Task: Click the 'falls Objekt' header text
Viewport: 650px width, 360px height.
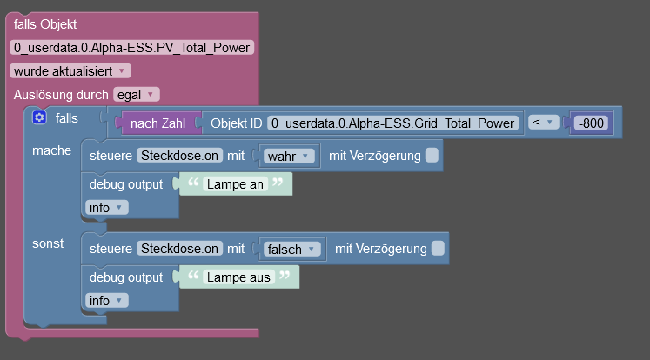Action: pos(45,24)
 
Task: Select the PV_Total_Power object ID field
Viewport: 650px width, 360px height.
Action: pos(132,48)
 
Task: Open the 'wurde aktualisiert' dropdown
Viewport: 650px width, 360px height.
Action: pos(70,70)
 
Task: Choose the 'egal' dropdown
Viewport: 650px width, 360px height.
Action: pos(137,94)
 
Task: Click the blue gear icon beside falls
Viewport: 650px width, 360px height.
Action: pos(38,117)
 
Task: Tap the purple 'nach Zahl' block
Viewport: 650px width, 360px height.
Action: pos(157,123)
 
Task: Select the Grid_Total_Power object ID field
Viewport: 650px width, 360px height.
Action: pos(393,123)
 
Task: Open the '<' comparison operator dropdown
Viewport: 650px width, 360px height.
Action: pos(545,123)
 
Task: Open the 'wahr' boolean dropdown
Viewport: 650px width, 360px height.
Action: pos(287,157)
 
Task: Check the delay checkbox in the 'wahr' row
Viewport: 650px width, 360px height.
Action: pos(432,156)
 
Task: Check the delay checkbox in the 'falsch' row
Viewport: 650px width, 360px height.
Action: pos(438,249)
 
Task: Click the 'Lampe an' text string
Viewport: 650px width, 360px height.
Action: pos(234,184)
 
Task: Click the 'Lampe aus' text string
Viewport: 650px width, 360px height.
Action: pos(238,277)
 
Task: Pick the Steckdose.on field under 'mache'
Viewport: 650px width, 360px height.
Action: pos(180,156)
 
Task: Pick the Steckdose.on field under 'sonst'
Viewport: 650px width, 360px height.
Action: pos(180,249)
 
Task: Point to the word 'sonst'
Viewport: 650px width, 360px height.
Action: pos(48,243)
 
